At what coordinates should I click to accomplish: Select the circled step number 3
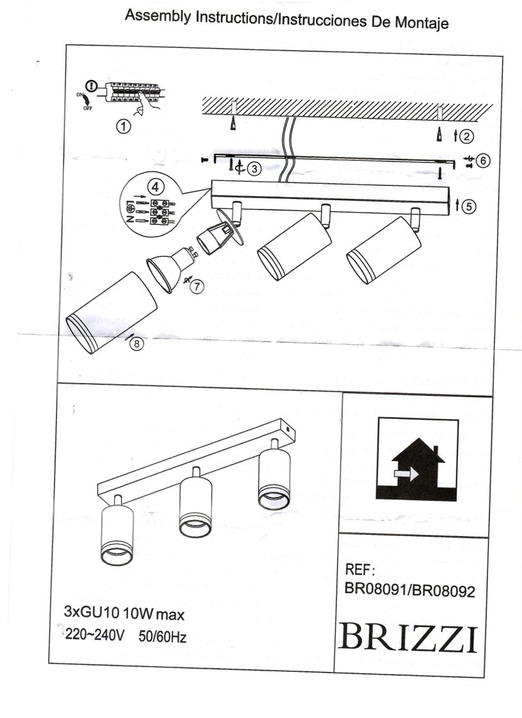254,168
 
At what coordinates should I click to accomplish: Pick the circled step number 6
484,161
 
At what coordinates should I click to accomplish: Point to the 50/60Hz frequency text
163,636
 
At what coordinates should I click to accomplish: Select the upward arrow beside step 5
457,206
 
